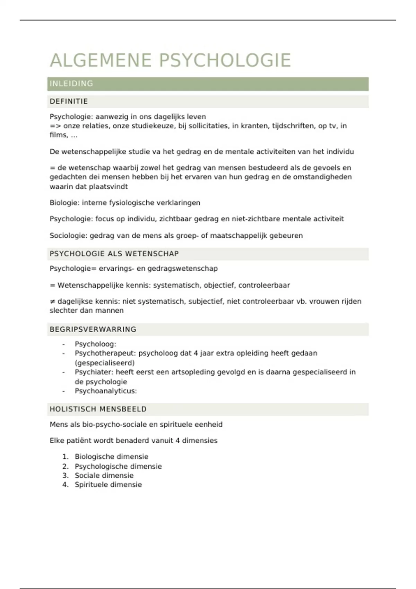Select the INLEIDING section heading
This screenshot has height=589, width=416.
pos(71,84)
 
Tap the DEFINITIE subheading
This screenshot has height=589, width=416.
pos(69,102)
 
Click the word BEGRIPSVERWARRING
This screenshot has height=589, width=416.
pos(93,329)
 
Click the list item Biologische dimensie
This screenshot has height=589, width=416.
pos(111,457)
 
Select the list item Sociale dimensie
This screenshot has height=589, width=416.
pos(104,475)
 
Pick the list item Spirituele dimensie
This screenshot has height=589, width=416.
pos(108,485)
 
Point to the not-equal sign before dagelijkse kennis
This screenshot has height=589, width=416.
pos(52,301)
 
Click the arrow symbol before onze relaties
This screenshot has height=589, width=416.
pos(55,126)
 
